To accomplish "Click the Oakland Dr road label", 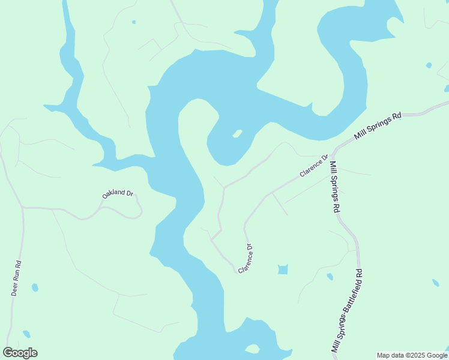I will [116, 193].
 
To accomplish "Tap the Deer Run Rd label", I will [16, 278].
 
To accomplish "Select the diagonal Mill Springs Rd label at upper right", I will [377, 126].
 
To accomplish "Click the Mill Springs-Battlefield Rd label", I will [348, 310].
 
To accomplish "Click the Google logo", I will [20, 353].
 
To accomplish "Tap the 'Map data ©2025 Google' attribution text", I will [412, 355].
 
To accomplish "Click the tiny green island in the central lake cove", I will [237, 133].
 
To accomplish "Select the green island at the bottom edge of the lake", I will [252, 349].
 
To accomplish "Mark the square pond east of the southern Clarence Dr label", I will [283, 269].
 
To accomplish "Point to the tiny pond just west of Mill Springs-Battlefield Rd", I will [330, 277].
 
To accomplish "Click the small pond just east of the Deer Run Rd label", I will [35, 287].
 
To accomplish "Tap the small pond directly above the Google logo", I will [26, 334].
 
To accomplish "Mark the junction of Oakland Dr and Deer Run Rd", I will [23, 208].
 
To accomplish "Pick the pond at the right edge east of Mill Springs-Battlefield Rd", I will [436, 282].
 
